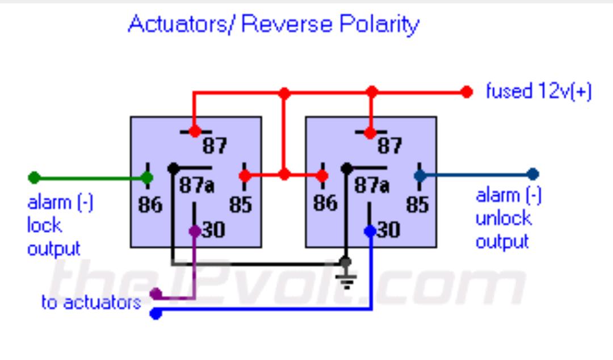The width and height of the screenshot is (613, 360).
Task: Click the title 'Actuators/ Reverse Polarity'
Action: tap(274, 24)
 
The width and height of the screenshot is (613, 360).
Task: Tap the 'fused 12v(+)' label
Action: tap(538, 91)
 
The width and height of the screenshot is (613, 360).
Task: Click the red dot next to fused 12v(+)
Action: tap(467, 92)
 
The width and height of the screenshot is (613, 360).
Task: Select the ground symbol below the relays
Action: tap(346, 279)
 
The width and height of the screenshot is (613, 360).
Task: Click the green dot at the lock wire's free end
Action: tap(35, 178)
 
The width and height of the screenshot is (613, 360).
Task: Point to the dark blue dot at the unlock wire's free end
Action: tap(533, 174)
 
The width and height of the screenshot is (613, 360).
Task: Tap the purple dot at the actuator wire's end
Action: tap(156, 294)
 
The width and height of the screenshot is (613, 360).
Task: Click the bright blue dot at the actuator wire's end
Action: tap(156, 313)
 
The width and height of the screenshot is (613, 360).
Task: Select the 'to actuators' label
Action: tap(91, 303)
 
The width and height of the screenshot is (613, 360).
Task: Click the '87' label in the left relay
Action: tap(215, 146)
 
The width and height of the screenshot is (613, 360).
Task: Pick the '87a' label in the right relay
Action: tap(372, 185)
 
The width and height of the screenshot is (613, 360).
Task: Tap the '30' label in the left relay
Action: tap(213, 230)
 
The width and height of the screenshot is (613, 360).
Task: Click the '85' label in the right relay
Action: tap(418, 204)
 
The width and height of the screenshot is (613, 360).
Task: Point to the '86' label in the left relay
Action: tap(150, 204)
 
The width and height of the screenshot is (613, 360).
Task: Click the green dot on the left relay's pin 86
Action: tap(147, 178)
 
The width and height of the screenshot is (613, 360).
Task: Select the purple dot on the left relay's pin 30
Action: tap(195, 231)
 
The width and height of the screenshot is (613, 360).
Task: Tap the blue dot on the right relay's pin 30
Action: tap(370, 231)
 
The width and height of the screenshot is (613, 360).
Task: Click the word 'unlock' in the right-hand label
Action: tap(503, 219)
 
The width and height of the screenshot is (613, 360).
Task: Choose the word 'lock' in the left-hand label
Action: tap(44, 225)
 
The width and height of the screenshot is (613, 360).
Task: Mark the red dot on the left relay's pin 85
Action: tap(245, 175)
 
